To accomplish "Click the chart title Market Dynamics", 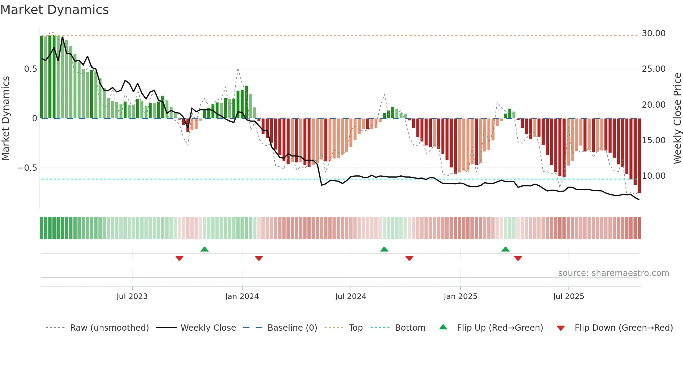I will pos(54,10).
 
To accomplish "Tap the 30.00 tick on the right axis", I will pos(653,33).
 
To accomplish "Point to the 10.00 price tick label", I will pos(653,176).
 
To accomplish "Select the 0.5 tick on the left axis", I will pos(30,69).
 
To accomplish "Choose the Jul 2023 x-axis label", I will pos(132,297).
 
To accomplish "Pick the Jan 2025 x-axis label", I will pos(460,297).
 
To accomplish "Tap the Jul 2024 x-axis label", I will pos(351,297).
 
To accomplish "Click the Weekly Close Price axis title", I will pos(677,118).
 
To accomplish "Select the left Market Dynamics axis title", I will pos(6,118).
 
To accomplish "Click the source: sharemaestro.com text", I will pos(613,273).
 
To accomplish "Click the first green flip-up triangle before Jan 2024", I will pos(205,249).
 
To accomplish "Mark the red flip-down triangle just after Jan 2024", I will pos(259,258).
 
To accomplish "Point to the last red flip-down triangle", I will pos(518,258).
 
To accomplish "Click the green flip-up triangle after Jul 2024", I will pos(384,249).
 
